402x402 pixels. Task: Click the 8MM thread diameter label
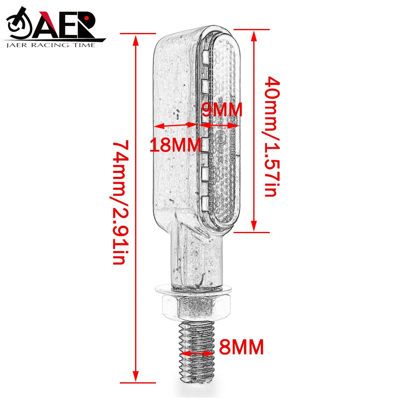[x=241, y=347]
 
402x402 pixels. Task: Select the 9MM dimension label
[x=222, y=110]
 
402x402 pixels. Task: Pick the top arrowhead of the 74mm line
[x=136, y=39]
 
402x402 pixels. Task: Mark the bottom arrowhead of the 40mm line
[x=254, y=227]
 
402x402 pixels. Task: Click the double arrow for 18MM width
[x=175, y=126]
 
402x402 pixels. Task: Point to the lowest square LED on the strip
[x=204, y=203]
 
